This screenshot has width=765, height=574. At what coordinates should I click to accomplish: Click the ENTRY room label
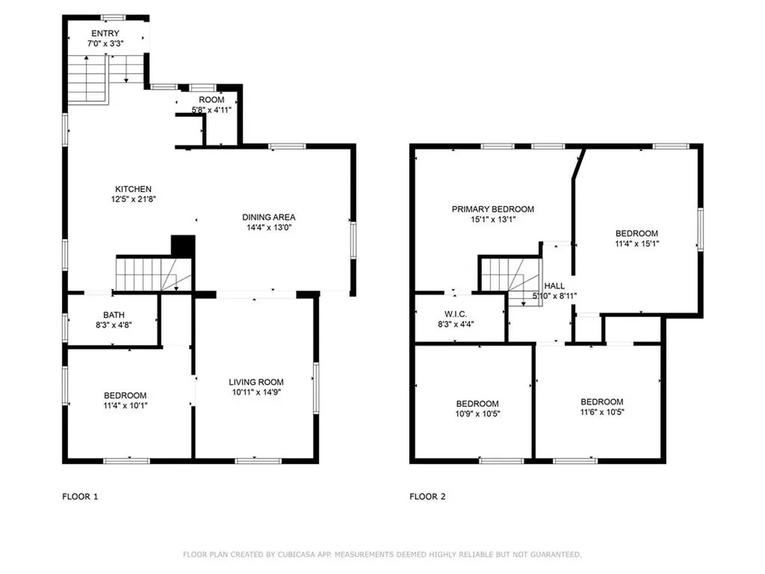click(105, 33)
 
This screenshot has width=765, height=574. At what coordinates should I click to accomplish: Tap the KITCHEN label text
click(133, 189)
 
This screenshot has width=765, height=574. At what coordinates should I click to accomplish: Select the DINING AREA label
click(269, 217)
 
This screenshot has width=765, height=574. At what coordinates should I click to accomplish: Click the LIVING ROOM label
click(256, 382)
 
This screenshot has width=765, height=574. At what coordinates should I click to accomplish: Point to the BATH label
click(114, 315)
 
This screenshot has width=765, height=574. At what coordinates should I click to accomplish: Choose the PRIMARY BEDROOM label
click(493, 209)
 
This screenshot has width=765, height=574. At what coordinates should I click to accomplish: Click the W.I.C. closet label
click(456, 314)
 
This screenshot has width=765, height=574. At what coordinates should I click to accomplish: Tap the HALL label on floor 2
click(554, 286)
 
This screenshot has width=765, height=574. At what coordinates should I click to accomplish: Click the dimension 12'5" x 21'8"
click(133, 199)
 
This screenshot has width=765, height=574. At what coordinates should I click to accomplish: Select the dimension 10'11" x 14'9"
click(256, 392)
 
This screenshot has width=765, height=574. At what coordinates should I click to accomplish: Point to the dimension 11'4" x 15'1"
click(637, 244)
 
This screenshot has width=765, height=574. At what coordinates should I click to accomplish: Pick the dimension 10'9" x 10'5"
click(477, 414)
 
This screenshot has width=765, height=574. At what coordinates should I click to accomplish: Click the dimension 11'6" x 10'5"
click(601, 412)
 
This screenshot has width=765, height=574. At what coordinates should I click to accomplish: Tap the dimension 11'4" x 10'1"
click(125, 405)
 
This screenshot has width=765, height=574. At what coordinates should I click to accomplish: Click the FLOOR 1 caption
click(80, 497)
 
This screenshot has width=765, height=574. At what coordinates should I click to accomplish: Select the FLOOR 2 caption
click(427, 497)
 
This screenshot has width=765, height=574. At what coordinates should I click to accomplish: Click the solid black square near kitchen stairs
click(183, 246)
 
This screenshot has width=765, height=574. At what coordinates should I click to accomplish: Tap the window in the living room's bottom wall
click(258, 460)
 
